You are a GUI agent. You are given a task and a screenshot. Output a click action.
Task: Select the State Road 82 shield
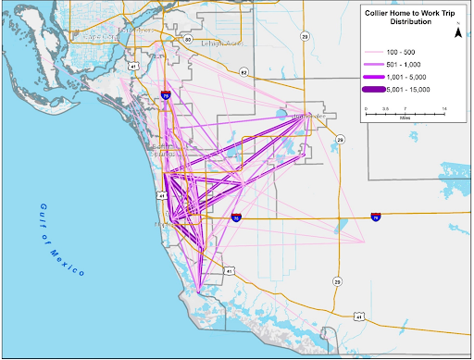(x=243, y=71)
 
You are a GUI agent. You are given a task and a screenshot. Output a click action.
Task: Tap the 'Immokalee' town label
(x=316, y=116)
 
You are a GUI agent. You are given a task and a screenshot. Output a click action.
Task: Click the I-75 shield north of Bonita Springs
(x=164, y=94)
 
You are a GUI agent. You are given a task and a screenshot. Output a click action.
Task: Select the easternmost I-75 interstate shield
(x=375, y=217)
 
